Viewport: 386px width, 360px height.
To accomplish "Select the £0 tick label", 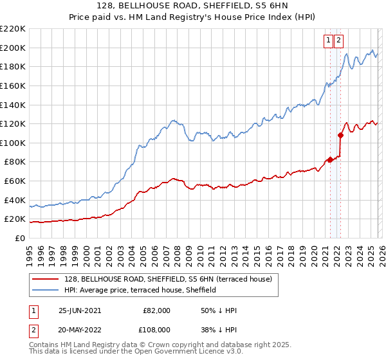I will point(20,238).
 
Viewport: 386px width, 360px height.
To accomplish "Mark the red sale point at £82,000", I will point(330,159).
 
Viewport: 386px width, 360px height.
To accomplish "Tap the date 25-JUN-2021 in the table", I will point(79,310).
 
